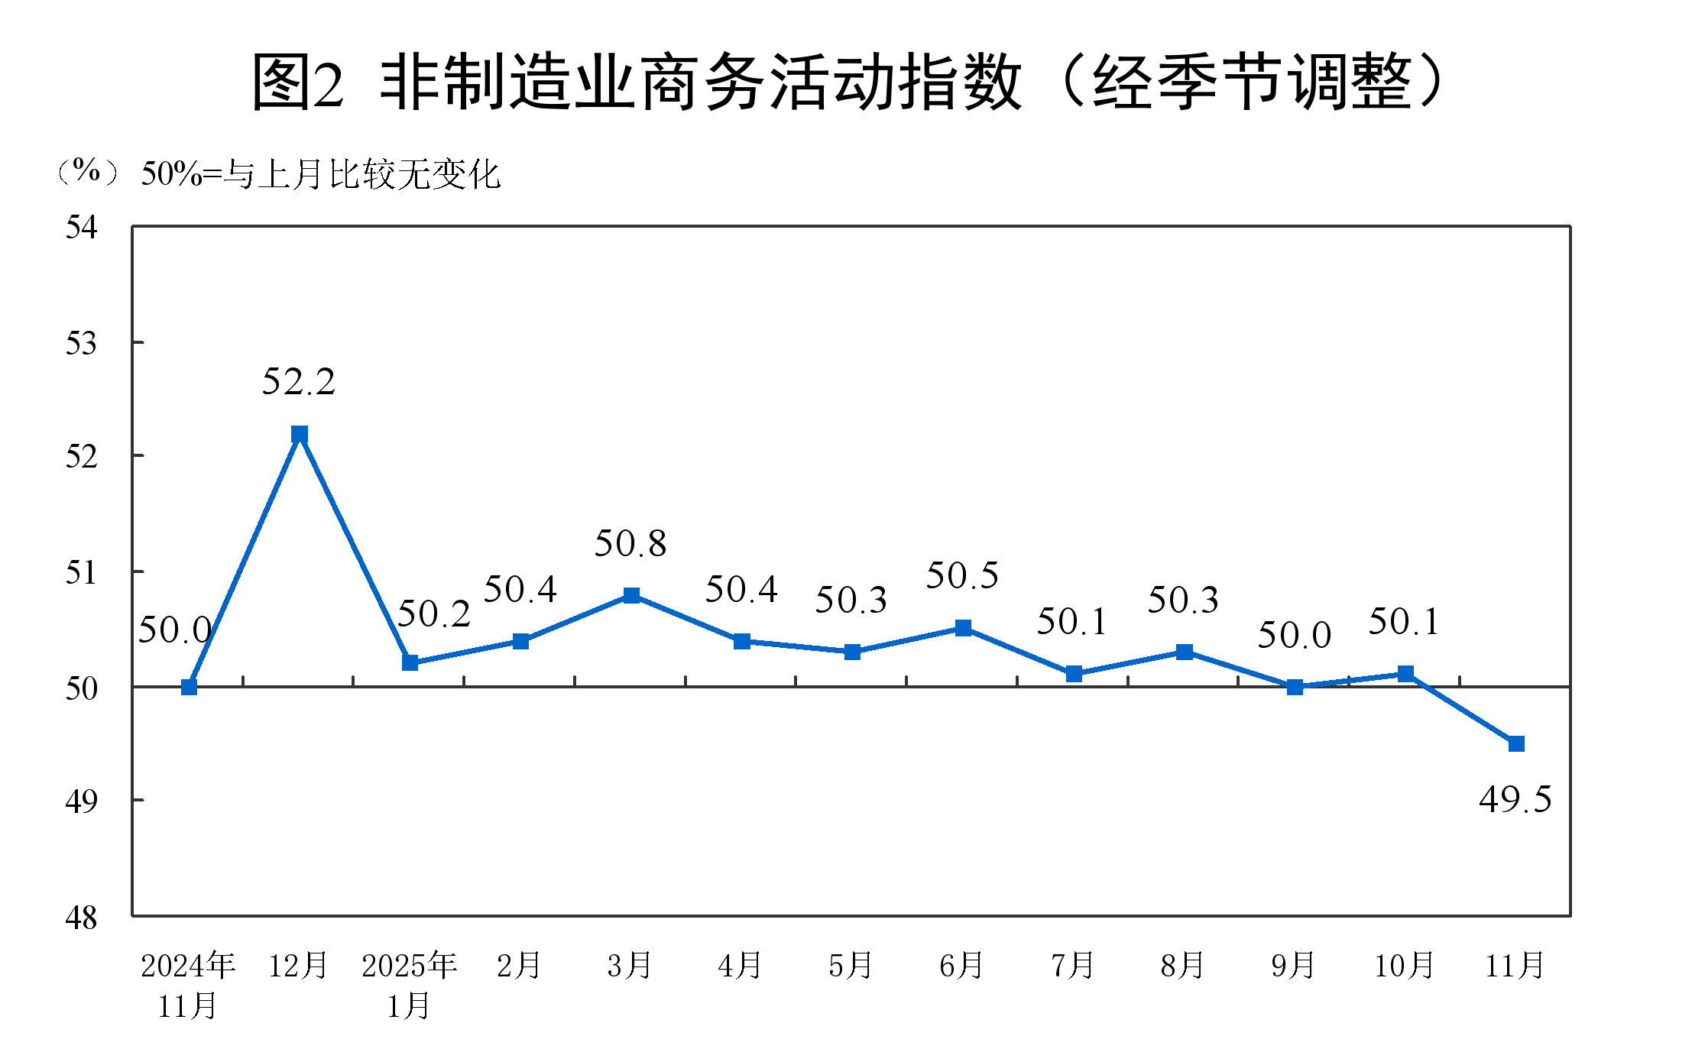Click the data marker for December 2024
tap(300, 434)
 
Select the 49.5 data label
tap(1515, 800)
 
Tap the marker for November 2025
tap(1516, 743)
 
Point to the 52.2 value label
tap(299, 382)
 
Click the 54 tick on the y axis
tap(82, 228)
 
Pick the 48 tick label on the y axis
tap(82, 918)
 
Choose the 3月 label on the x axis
tap(630, 966)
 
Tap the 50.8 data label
tap(630, 544)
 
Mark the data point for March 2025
tap(631, 595)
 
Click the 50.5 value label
tap(962, 576)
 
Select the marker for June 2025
tap(963, 628)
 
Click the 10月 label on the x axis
tap(1404, 966)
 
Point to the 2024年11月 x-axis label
tap(188, 986)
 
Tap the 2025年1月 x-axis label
tap(409, 986)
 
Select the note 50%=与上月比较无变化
tap(321, 175)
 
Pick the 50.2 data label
tap(433, 614)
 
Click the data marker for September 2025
tap(1295, 687)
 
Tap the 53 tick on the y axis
tap(82, 344)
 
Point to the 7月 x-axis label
tap(1073, 966)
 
